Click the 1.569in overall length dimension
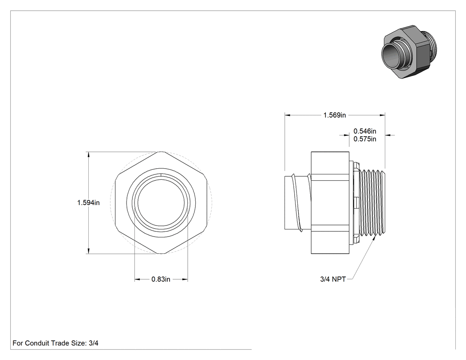[335, 115]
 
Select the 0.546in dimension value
[365, 131]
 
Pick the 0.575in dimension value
[365, 139]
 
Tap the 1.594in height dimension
[89, 203]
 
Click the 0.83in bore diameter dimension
[161, 279]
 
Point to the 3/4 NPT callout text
[333, 279]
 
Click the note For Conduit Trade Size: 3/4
[55, 343]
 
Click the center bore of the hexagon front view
[161, 203]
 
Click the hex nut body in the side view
[330, 203]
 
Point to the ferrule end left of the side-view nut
[297, 203]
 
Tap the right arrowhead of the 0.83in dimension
[185, 279]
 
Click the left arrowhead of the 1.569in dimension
[288, 115]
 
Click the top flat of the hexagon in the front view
[161, 152]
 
